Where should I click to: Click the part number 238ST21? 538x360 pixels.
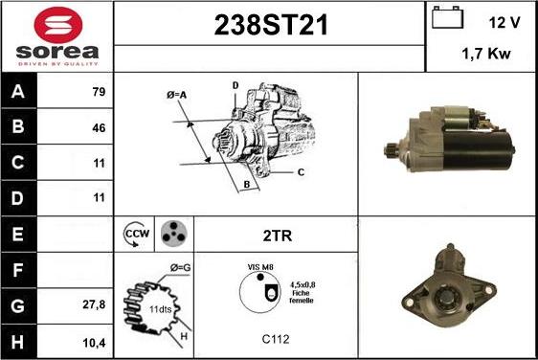tap(271, 25)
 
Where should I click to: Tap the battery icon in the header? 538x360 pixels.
tap(447, 17)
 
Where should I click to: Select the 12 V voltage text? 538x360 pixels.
tap(504, 23)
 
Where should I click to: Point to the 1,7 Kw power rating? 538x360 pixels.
tap(486, 54)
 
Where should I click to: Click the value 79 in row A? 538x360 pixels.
tap(99, 92)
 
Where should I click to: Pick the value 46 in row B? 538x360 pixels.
tap(99, 128)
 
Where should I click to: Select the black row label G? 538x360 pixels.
tap(18, 305)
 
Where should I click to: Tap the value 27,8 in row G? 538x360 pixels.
tap(94, 304)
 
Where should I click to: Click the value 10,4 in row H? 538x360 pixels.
tap(94, 343)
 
